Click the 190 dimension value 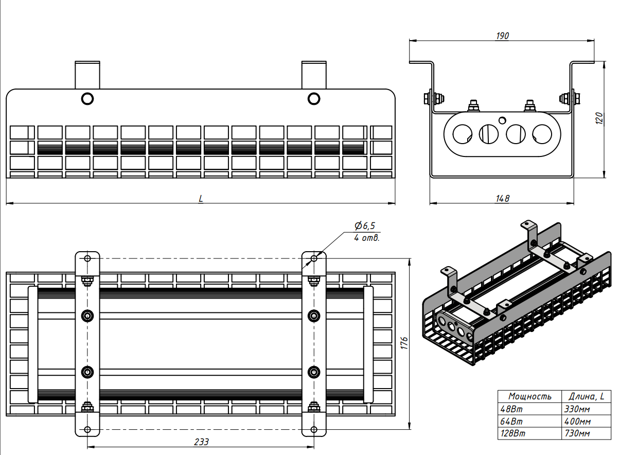502,36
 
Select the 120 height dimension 598,119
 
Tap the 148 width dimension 502,198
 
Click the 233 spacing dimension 201,442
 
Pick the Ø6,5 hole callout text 365,226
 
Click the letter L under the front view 201,198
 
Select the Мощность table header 530,396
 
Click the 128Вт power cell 513,433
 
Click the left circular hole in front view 87,98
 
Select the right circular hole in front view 313,98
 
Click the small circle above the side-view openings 502,120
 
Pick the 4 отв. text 367,238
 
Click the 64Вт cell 511,422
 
